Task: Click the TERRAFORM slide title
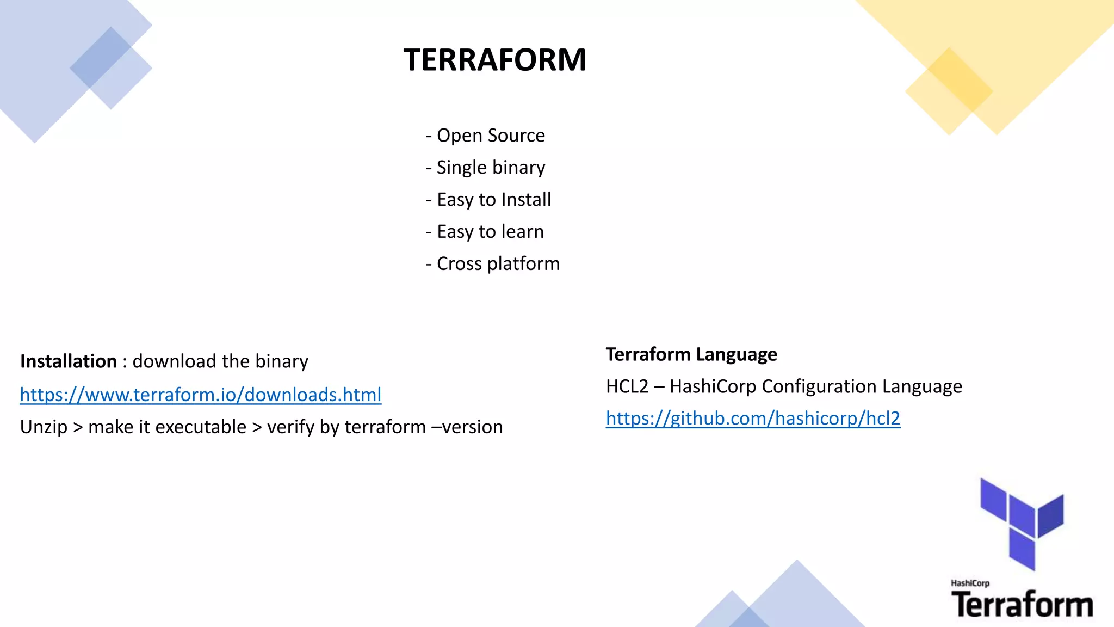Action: (494, 59)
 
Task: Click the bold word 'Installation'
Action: (69, 361)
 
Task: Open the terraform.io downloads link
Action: (201, 395)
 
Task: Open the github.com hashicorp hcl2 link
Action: (753, 418)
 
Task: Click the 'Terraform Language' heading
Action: (691, 354)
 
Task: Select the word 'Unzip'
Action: (44, 427)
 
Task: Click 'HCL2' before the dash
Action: (627, 386)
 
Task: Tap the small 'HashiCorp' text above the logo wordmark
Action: (970, 583)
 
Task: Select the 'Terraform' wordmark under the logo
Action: (1022, 605)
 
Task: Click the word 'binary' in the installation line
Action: (282, 361)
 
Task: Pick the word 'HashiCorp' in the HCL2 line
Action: (713, 386)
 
